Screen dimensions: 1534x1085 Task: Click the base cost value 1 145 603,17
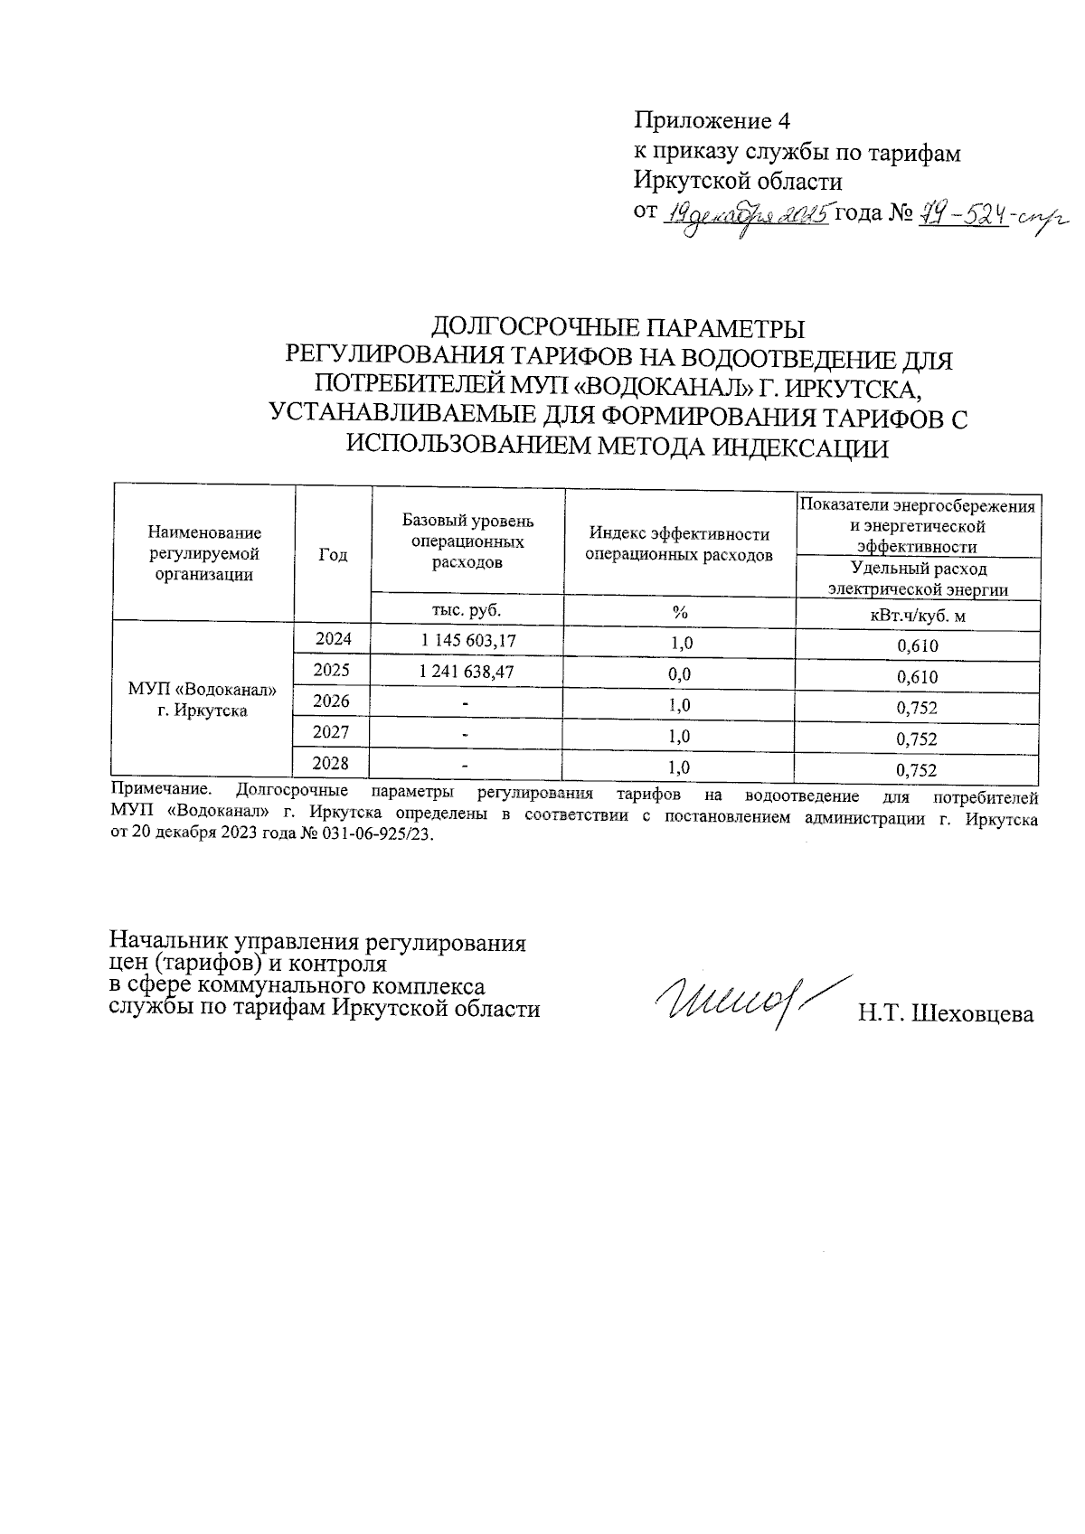(x=468, y=641)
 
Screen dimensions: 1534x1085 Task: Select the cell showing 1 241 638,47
(x=468, y=673)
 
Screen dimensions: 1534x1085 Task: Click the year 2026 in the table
(x=332, y=701)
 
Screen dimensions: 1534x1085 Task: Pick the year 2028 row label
(x=332, y=764)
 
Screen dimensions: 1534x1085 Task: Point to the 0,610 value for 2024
(x=917, y=645)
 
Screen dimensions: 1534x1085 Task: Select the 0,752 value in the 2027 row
(x=917, y=739)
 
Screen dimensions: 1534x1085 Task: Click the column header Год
(x=333, y=555)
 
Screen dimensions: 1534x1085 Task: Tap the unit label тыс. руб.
(x=467, y=608)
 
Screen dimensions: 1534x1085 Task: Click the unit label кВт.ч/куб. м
(x=917, y=616)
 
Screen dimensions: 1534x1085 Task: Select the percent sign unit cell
(x=679, y=612)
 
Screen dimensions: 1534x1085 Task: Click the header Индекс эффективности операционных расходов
(x=679, y=544)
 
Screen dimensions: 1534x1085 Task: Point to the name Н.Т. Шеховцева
(x=946, y=1014)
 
